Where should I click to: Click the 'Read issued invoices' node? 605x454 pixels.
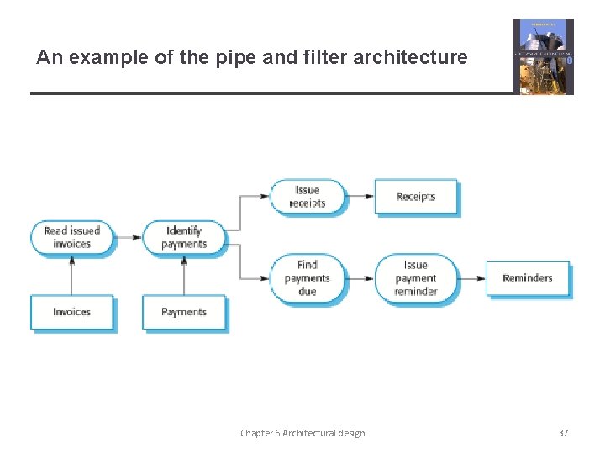[x=71, y=237]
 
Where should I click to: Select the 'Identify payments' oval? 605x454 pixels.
[x=184, y=237]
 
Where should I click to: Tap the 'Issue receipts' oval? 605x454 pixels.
[x=308, y=197]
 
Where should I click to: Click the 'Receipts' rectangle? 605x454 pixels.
[x=415, y=197]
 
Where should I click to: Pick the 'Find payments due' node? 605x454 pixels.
[x=308, y=278]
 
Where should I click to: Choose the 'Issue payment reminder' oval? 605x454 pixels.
[x=415, y=278]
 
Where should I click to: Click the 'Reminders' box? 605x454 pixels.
[x=527, y=278]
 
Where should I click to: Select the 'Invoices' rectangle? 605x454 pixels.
[x=71, y=312]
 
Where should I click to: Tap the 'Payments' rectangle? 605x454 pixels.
[x=184, y=312]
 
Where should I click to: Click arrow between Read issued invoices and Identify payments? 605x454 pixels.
[x=127, y=237]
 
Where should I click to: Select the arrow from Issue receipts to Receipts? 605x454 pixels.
[x=360, y=197]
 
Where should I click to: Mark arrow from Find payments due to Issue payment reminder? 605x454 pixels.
[x=360, y=278]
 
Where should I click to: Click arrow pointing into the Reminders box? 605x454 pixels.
[x=473, y=278]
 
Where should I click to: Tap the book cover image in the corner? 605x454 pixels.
[x=543, y=56]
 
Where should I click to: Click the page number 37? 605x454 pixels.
[x=563, y=433]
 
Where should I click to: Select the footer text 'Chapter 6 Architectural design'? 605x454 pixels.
[x=302, y=433]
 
